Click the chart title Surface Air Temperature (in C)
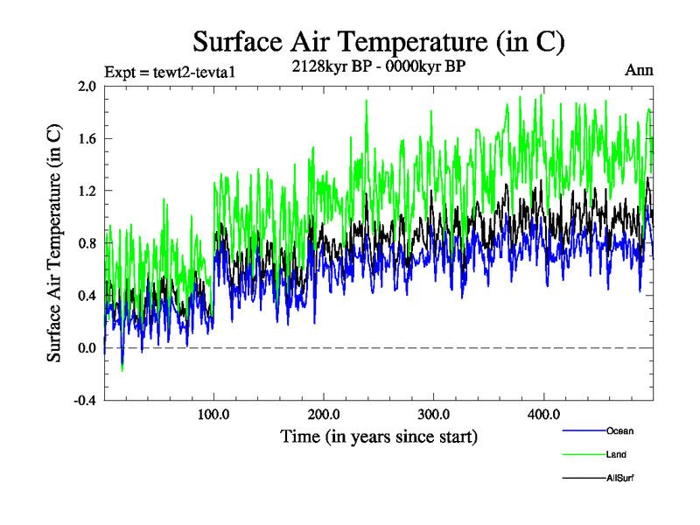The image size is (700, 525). click(379, 41)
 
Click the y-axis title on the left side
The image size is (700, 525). click(54, 243)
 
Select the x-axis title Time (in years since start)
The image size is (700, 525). click(379, 435)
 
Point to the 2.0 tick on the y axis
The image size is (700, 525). click(86, 86)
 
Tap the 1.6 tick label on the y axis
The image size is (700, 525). click(86, 138)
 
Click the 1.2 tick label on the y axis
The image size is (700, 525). click(86, 191)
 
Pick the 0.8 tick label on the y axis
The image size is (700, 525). click(86, 243)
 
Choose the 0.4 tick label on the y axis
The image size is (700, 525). click(86, 296)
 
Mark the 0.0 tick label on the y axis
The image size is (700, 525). click(86, 348)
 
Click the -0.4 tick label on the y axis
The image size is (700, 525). click(84, 401)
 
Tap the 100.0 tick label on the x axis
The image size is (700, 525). click(214, 414)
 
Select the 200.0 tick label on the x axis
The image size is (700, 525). click(324, 414)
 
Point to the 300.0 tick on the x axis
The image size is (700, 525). click(434, 414)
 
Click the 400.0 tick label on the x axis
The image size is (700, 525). click(543, 414)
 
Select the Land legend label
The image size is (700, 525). click(616, 455)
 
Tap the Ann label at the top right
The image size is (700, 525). click(638, 70)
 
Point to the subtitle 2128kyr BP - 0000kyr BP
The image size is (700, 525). click(379, 65)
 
